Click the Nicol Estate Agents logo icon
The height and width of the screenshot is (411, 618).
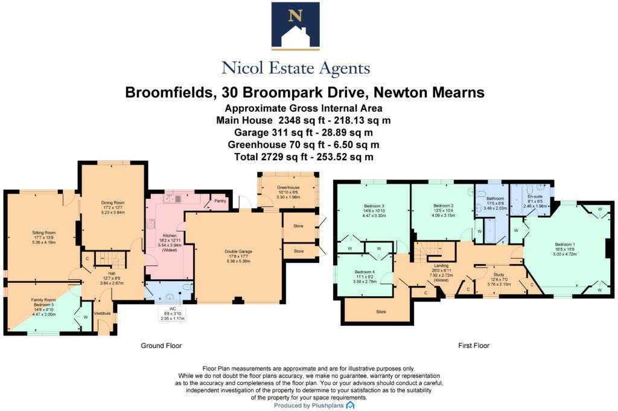click(296, 25)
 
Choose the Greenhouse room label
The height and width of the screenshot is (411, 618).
click(288, 187)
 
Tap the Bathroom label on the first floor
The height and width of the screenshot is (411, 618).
click(495, 198)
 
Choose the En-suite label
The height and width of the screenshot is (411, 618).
click(535, 196)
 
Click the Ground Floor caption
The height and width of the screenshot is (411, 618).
click(162, 346)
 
